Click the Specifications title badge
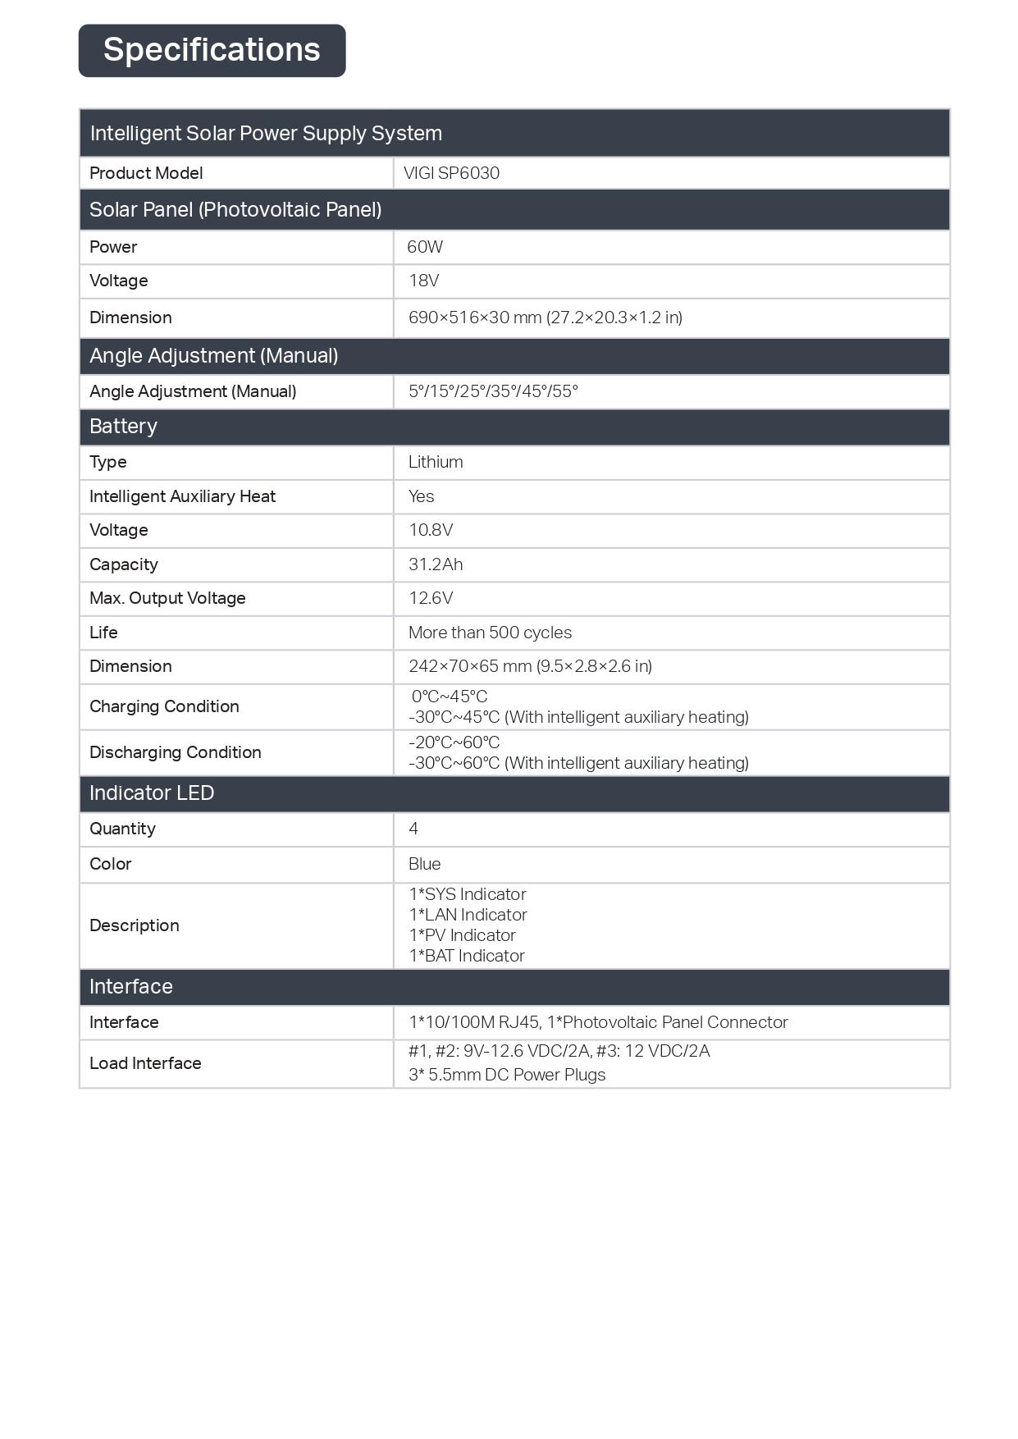click(212, 51)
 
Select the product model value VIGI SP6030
click(451, 173)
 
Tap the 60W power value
click(425, 247)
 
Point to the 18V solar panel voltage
click(424, 281)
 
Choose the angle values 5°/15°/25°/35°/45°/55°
click(493, 391)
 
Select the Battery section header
click(123, 427)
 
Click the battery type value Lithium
click(436, 462)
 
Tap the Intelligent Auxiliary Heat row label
click(182, 496)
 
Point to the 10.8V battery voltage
click(431, 530)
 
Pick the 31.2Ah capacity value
click(436, 564)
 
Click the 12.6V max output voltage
click(431, 598)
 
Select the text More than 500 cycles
click(490, 633)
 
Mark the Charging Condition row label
click(164, 706)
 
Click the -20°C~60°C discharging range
click(454, 742)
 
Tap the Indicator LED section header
click(152, 793)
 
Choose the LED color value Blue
click(424, 864)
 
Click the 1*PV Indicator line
click(462, 935)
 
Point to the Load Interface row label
click(145, 1063)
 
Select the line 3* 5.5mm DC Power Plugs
click(507, 1075)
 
